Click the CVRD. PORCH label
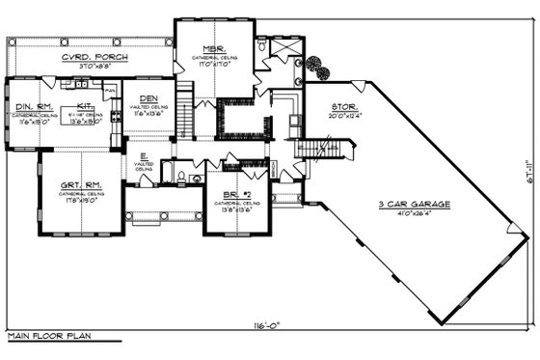pos(95,57)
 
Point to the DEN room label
pos(148,98)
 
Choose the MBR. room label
pos(213,48)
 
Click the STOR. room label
pos(344,108)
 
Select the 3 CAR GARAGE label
pos(416,205)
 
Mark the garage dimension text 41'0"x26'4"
pos(416,215)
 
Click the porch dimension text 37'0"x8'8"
pos(95,66)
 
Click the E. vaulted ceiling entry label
pos(143,154)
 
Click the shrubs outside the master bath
pos(312,67)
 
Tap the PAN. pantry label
pos(111,90)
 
